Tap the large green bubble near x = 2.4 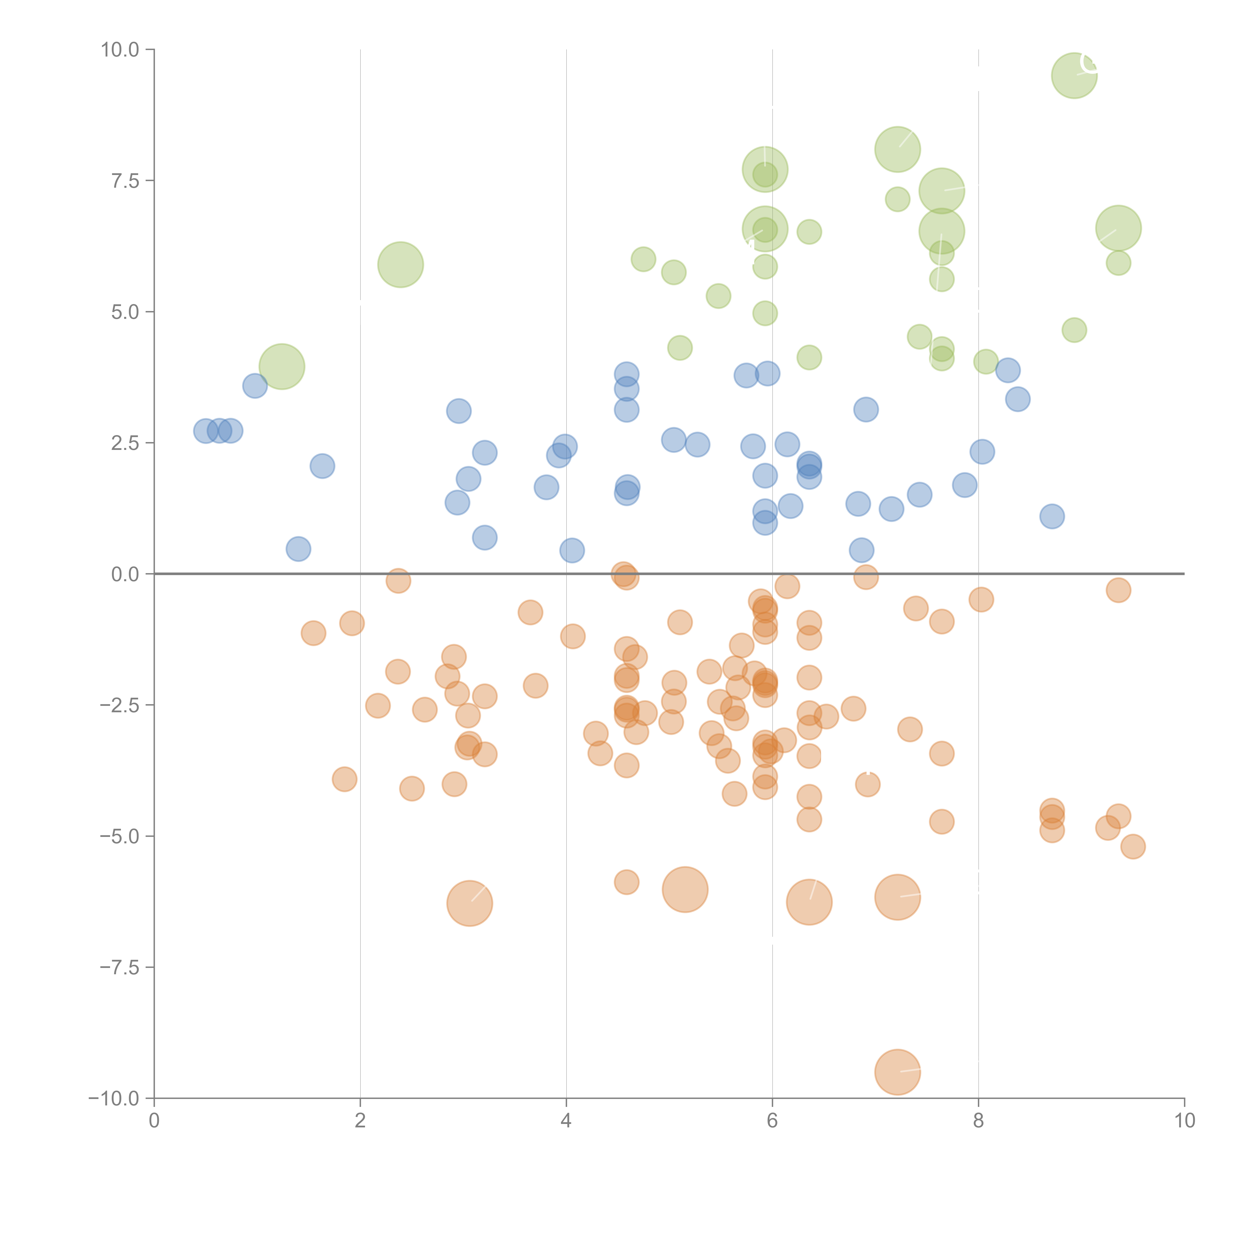pyautogui.click(x=401, y=264)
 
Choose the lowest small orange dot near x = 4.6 pyautogui.click(x=627, y=882)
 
